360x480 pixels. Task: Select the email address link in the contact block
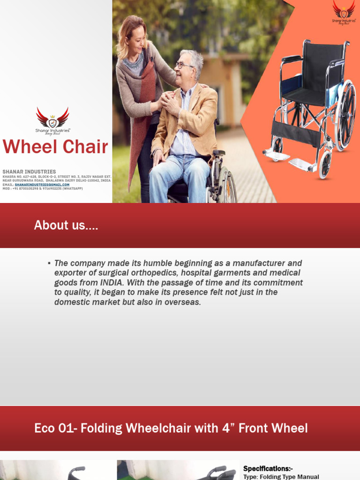coord(42,184)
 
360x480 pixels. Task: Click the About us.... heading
coord(66,225)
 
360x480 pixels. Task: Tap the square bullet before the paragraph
coord(49,263)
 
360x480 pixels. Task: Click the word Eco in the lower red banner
coord(45,428)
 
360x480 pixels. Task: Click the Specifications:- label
coord(268,468)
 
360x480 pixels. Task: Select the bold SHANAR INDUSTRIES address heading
coord(29,172)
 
